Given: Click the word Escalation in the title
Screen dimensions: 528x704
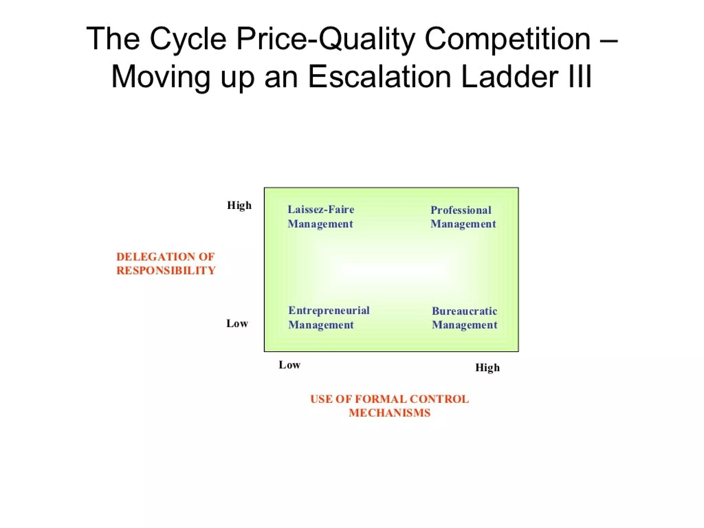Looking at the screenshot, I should point(379,77).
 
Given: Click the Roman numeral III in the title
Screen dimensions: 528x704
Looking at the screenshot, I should point(580,77).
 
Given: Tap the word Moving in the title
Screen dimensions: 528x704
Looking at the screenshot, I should point(161,77).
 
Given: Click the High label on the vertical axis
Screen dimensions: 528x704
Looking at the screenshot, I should point(239,206).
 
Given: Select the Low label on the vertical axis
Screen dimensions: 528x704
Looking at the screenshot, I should point(237,323).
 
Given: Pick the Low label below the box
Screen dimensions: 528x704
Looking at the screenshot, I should point(289,365).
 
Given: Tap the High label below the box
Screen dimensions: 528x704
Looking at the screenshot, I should point(487,367).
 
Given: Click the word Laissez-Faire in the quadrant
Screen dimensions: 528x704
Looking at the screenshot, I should point(321,209).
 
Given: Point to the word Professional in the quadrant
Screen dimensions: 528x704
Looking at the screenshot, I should point(461,210).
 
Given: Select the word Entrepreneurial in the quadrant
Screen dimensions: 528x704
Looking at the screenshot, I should point(329,310).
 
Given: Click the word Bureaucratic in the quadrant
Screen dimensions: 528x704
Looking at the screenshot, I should point(464,311).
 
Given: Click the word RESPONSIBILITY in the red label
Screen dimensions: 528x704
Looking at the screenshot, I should point(166,271).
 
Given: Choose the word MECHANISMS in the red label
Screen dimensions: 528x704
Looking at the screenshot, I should point(389,413).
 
